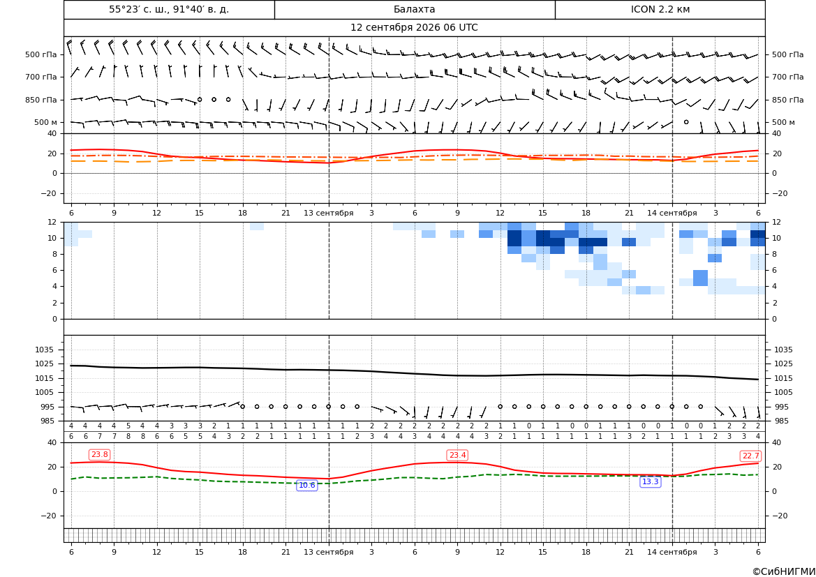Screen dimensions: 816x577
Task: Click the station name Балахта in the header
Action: pos(414,9)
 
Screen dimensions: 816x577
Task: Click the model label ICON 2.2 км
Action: pos(660,9)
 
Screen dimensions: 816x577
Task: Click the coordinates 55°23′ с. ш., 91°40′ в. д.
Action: pos(169,9)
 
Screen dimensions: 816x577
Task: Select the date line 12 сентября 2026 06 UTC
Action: pos(414,28)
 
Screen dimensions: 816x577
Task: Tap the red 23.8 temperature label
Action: pos(99,455)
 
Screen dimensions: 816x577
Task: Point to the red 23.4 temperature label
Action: pos(457,456)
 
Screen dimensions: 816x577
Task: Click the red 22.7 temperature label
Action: pos(750,456)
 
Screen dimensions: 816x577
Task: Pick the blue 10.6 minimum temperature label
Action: pos(307,486)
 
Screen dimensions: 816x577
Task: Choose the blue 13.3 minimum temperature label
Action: pos(650,482)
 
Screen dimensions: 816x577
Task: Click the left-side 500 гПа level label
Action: pos(41,54)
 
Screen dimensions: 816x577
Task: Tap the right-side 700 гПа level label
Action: pos(788,77)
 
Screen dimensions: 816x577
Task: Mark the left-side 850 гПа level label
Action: pos(41,100)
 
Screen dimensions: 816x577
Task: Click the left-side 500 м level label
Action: pos(46,122)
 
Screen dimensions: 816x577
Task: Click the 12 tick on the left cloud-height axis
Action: pos(53,222)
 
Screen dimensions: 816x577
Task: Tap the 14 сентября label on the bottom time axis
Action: pos(672,552)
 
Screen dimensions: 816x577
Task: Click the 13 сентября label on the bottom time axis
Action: pos(328,552)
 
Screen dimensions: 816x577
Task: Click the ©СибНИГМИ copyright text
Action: pos(784,571)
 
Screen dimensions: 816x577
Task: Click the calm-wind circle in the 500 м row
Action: pos(686,122)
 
